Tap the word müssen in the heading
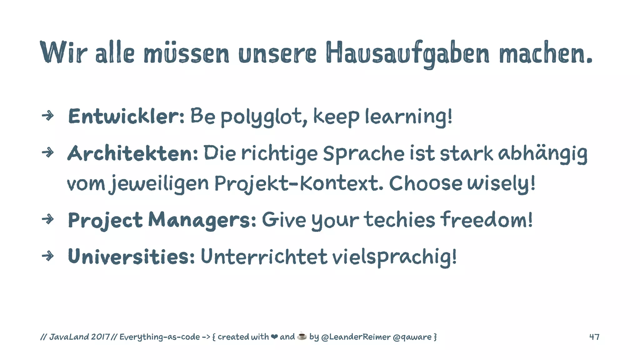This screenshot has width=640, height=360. point(186,53)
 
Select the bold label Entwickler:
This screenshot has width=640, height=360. point(126,116)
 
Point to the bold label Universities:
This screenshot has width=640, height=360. point(131,257)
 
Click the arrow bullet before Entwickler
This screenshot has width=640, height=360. point(48,116)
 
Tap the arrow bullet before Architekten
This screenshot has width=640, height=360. point(48,153)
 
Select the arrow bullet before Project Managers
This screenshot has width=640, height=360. point(48,219)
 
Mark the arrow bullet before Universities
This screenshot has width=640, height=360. point(48,256)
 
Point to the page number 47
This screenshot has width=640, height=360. point(594,337)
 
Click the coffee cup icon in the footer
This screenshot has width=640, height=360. point(302,336)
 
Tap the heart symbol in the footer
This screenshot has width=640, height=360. point(274,337)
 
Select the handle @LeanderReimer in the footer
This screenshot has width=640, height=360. point(356,337)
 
